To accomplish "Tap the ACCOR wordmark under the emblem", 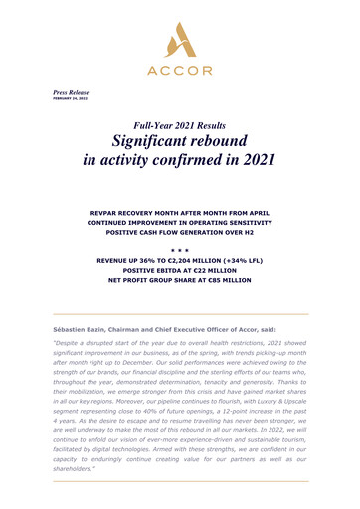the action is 179,72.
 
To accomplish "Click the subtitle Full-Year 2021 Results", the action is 179,126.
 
